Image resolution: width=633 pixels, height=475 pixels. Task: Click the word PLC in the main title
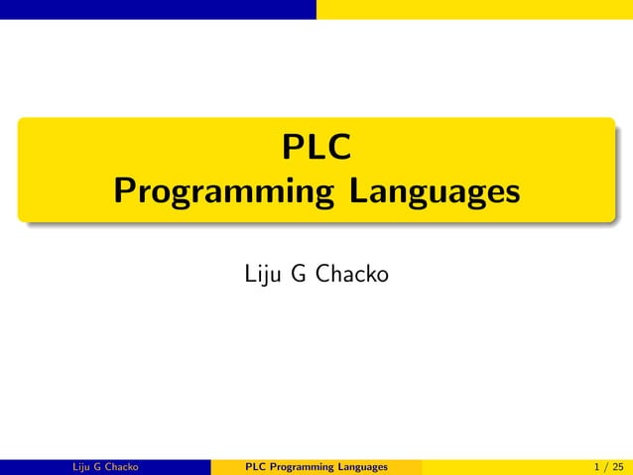(316, 149)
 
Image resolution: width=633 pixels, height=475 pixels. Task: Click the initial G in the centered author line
(298, 272)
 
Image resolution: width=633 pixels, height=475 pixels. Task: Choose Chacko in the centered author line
(351, 272)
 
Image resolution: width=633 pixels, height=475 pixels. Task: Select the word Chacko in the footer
(120, 466)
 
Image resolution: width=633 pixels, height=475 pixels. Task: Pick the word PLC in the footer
(254, 466)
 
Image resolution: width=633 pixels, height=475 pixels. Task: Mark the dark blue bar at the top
(158, 9)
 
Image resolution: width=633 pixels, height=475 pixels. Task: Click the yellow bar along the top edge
(474, 9)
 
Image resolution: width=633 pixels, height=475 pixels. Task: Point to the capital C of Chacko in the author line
(322, 272)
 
